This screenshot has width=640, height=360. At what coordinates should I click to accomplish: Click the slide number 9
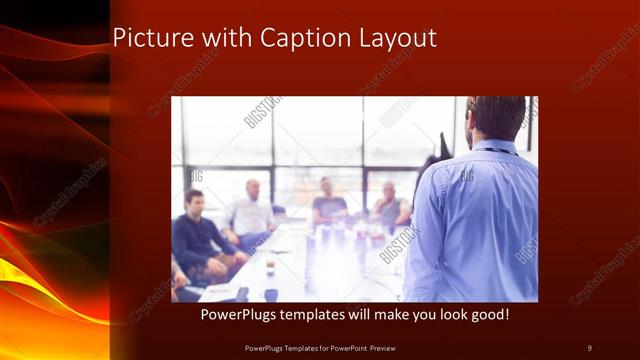click(589, 347)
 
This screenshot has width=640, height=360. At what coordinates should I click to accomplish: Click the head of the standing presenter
click(496, 118)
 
